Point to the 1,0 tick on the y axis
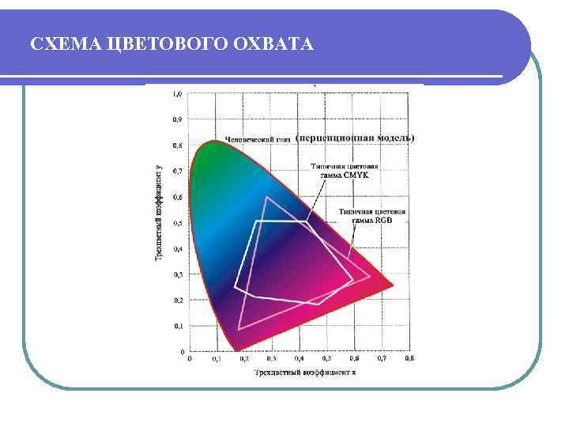[x=178, y=93]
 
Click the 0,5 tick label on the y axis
[x=178, y=223]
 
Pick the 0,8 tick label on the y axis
[x=178, y=145]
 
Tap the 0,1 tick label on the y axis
[x=178, y=326]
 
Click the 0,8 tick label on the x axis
[x=409, y=358]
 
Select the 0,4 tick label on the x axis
[x=299, y=358]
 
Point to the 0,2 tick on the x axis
[x=243, y=358]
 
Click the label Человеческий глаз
[x=258, y=139]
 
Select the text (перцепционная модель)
[x=354, y=138]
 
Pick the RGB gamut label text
[x=371, y=216]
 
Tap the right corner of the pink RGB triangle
[x=370, y=276]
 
